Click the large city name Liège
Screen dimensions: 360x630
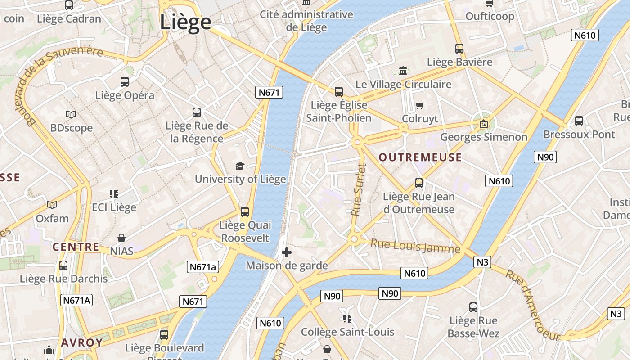185,22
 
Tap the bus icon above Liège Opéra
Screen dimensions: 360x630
125,82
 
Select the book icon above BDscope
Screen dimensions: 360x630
71,114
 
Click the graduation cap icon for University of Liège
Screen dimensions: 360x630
240,166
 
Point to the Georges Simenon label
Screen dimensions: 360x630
484,137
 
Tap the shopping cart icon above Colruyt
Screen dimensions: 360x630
420,105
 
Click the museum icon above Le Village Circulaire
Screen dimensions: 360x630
403,71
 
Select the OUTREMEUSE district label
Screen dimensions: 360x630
420,157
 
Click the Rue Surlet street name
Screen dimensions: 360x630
359,189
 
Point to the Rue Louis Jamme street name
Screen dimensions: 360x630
415,246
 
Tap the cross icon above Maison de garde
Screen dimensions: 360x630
286,252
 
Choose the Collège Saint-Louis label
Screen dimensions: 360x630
347,332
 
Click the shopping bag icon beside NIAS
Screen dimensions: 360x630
121,238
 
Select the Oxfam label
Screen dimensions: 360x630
52,219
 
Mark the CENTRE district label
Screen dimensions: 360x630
76,247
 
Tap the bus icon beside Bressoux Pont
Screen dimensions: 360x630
579,121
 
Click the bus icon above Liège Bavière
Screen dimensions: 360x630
459,48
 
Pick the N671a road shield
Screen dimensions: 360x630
203,267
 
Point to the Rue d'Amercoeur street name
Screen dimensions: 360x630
533,304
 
